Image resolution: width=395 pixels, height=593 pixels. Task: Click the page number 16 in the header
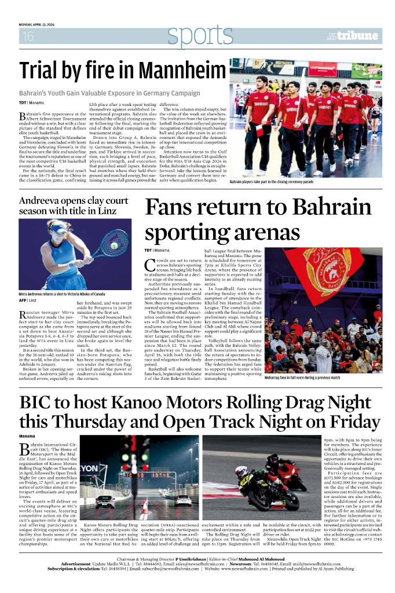(27, 36)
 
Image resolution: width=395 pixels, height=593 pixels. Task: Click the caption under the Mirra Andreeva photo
(62, 294)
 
